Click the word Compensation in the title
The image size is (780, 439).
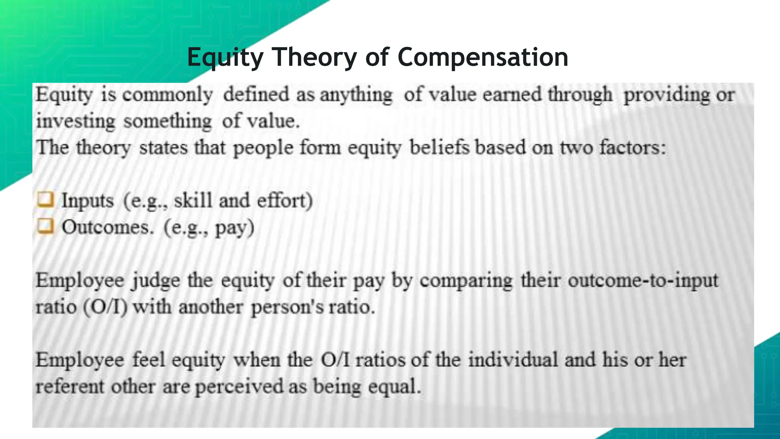[x=483, y=57]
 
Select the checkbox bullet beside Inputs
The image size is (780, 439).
[x=45, y=199]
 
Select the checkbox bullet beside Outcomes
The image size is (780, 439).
[x=45, y=226]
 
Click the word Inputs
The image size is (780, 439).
[x=88, y=201]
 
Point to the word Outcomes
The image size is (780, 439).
[x=108, y=228]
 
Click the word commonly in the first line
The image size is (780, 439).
[x=168, y=95]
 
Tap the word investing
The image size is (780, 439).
[x=75, y=122]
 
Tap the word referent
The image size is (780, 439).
[x=70, y=387]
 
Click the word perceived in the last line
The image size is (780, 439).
[x=239, y=387]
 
